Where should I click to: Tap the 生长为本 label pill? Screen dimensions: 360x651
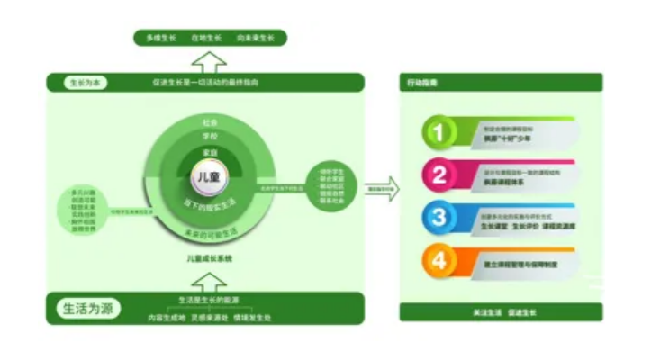click(x=86, y=83)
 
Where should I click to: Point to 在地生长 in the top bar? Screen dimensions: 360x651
click(x=206, y=38)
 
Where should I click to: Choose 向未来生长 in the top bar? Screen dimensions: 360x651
click(x=256, y=38)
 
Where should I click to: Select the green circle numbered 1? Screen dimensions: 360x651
click(x=439, y=132)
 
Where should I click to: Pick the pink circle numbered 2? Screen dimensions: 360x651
click(x=439, y=175)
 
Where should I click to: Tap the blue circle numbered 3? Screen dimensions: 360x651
click(x=439, y=218)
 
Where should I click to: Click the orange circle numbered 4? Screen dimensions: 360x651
click(x=439, y=261)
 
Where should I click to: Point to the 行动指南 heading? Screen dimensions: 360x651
click(x=422, y=83)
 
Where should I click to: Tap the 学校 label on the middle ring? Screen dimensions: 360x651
click(x=210, y=136)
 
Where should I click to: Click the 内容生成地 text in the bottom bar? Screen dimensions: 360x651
click(x=167, y=317)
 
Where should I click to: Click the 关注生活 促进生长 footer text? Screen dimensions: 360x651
click(x=503, y=311)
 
